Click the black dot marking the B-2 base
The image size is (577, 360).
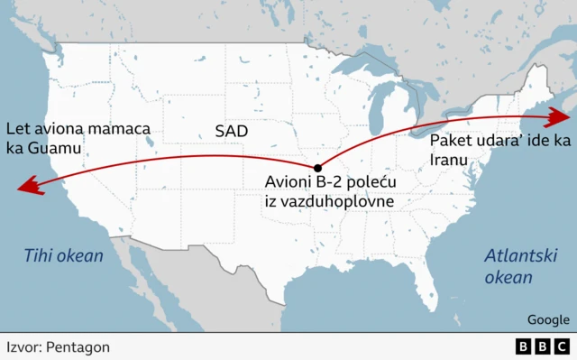pyautogui.click(x=316, y=168)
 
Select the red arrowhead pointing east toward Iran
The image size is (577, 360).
pyautogui.click(x=563, y=115)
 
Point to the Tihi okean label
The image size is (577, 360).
pyautogui.click(x=63, y=256)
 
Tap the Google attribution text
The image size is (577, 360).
pyautogui.click(x=548, y=319)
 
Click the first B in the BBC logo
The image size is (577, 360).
pyautogui.click(x=524, y=346)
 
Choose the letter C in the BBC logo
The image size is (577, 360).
pyautogui.click(x=562, y=346)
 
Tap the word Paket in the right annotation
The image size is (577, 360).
pyautogui.click(x=451, y=141)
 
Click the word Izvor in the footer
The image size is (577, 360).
pyautogui.click(x=23, y=346)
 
